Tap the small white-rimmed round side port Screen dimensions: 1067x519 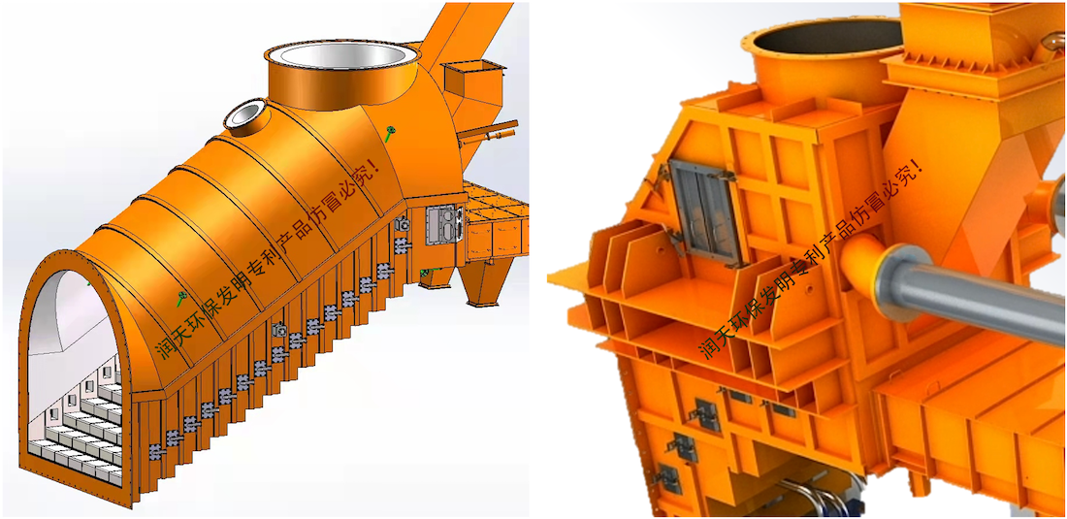246,114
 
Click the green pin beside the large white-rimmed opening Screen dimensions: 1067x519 390,133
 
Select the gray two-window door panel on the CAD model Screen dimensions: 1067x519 443,224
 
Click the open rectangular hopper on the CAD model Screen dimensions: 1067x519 473,85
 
